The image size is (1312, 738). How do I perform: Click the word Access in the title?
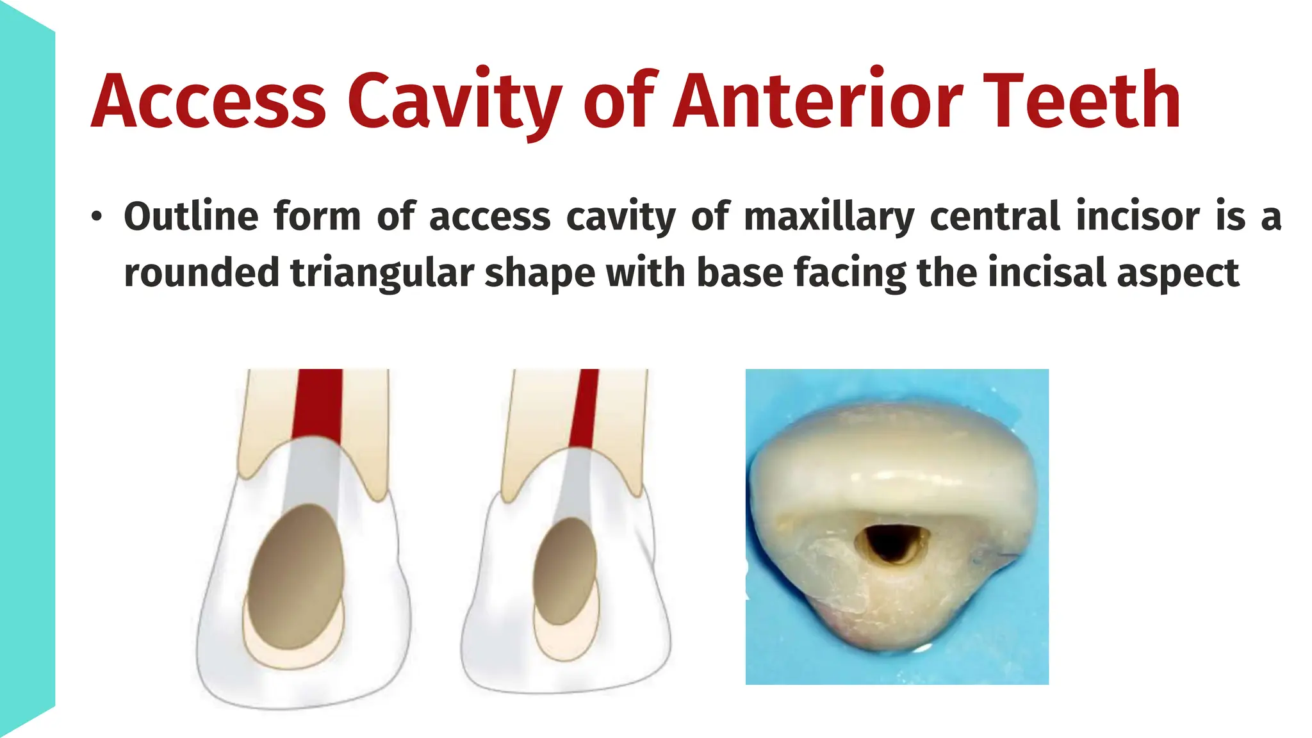(209, 101)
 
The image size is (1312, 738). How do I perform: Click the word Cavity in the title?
(455, 101)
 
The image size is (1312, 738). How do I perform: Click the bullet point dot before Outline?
(96, 217)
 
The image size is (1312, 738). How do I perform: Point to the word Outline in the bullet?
(191, 217)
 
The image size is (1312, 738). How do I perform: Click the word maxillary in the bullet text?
(829, 217)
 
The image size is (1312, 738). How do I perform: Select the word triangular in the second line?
(382, 273)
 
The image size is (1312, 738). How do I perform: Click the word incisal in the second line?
(1047, 273)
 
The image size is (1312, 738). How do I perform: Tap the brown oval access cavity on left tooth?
(296, 577)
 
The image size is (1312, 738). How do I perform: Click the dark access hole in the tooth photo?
(890, 542)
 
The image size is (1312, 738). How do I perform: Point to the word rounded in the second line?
(201, 273)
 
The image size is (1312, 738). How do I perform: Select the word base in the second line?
(739, 273)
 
